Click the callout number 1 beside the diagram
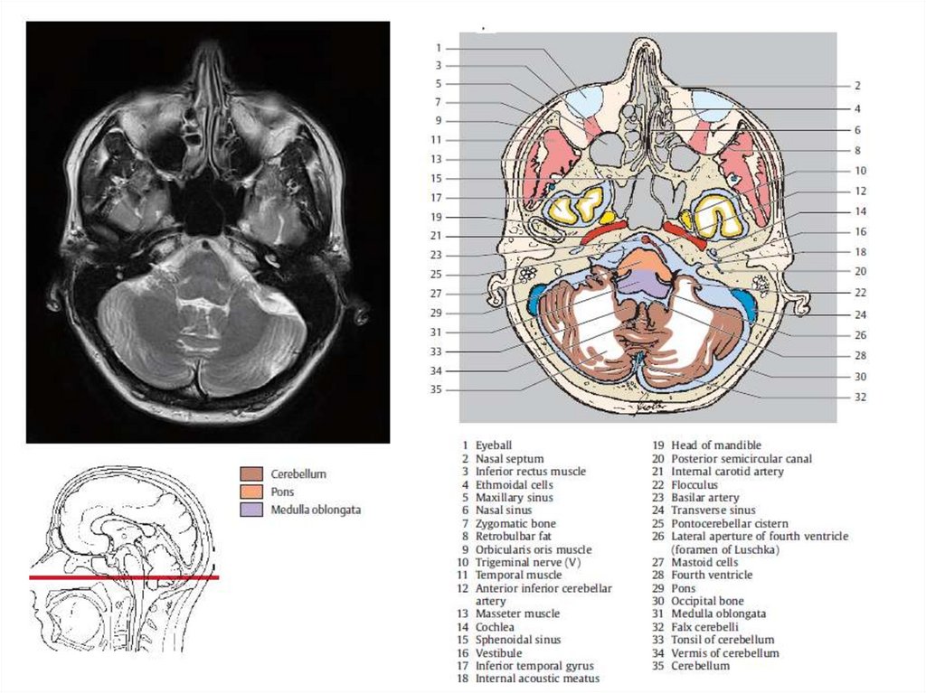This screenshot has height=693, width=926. [438, 47]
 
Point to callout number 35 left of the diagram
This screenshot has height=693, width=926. [436, 389]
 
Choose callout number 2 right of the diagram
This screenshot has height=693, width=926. [856, 86]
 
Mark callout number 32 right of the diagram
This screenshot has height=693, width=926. [859, 397]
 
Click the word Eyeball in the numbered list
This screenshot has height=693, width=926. [494, 445]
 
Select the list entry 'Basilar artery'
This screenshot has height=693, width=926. [704, 497]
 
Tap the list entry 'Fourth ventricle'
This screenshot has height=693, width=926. [712, 575]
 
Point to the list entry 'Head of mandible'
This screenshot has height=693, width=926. [715, 445]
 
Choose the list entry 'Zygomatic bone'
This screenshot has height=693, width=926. [515, 523]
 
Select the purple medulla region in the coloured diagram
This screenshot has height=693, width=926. [644, 284]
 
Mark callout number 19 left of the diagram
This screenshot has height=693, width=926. [436, 217]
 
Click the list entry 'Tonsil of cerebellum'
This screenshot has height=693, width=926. [723, 640]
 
